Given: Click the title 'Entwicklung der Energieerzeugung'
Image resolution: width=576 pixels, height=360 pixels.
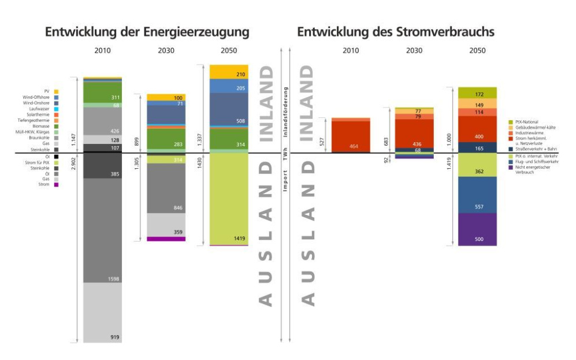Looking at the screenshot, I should click(147, 32).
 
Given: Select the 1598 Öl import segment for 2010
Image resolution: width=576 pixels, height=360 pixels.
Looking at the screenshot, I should click(102, 231).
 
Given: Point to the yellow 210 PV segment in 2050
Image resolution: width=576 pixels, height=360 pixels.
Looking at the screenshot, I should click(229, 72).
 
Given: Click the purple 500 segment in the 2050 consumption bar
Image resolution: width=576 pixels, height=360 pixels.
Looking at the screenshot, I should click(477, 229).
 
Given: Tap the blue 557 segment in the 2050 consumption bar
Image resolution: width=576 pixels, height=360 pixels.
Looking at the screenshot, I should click(477, 195).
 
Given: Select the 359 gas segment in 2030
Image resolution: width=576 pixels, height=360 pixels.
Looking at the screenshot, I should click(166, 225).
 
